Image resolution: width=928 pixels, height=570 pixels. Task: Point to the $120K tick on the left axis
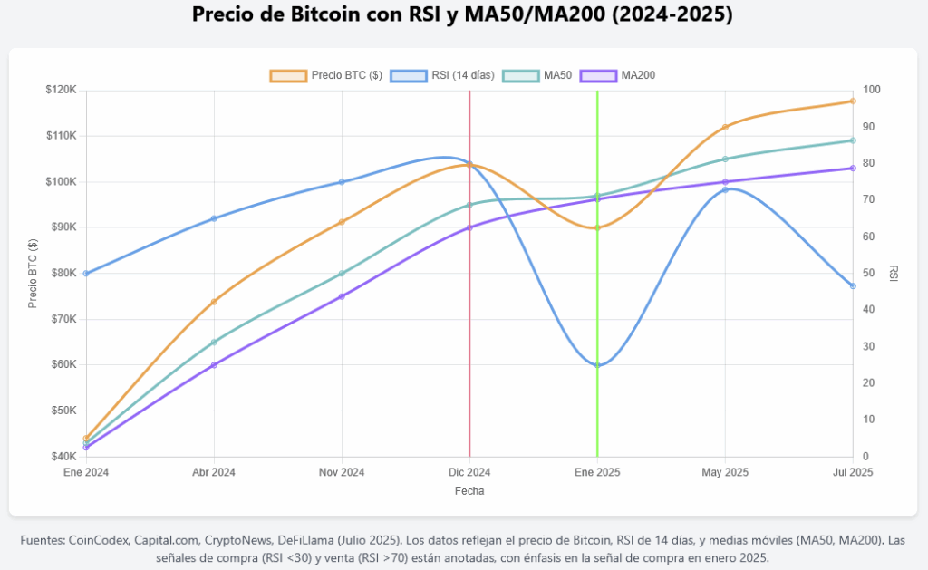click(61, 90)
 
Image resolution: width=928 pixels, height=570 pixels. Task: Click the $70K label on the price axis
click(63, 319)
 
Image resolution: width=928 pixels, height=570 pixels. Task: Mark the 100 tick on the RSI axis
click(872, 90)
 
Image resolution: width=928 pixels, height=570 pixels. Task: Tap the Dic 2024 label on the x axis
click(469, 472)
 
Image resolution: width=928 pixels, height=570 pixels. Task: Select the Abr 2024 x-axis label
click(214, 472)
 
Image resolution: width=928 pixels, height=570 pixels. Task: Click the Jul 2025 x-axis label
click(852, 472)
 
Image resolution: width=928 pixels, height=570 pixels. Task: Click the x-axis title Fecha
click(469, 490)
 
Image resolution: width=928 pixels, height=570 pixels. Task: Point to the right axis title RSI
click(893, 273)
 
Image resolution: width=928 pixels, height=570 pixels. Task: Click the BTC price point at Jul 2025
click(853, 101)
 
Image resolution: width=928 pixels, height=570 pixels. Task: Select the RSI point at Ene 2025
click(597, 364)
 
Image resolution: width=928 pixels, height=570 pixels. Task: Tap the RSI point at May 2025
click(725, 189)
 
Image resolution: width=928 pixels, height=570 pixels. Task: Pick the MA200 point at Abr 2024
click(214, 364)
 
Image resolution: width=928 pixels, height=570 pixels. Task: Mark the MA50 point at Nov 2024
click(342, 273)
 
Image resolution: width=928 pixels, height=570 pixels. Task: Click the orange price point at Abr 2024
click(214, 302)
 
